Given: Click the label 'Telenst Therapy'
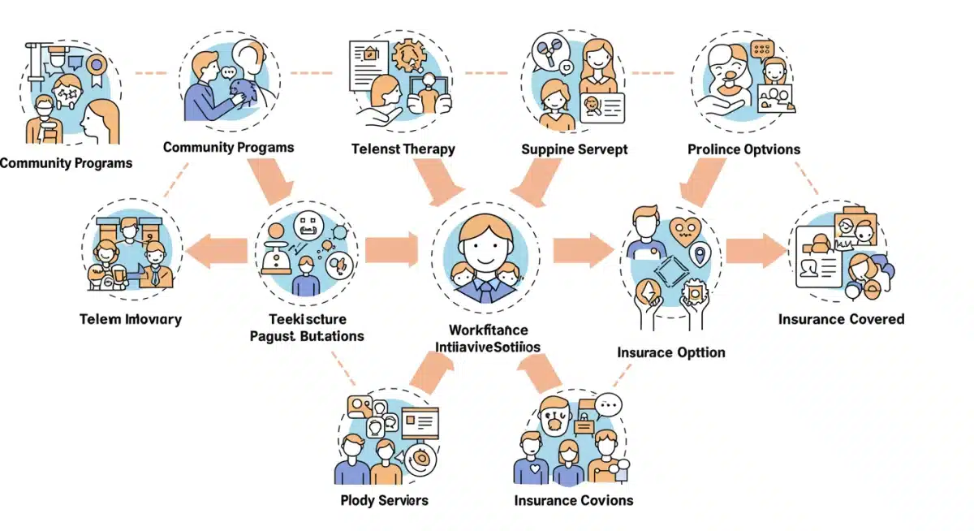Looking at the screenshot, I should click(x=403, y=149).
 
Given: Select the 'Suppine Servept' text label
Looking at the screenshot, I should click(x=575, y=149).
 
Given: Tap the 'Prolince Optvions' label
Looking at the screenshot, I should click(x=743, y=149).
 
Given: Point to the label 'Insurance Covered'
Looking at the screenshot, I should click(x=841, y=319).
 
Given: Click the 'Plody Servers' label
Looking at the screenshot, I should click(x=385, y=500).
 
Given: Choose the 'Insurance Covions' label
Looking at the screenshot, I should click(x=574, y=500).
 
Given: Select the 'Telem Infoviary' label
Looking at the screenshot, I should click(x=131, y=319).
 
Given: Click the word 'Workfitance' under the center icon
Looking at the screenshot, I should click(x=488, y=330).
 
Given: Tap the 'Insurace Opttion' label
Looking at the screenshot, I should click(x=671, y=352).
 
